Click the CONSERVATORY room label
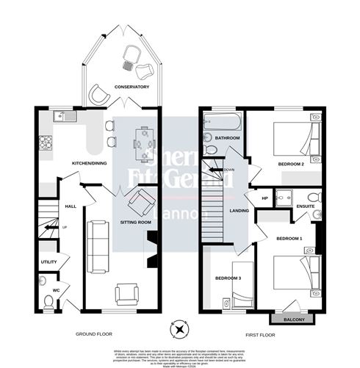click(132, 87)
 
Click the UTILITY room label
click(48, 261)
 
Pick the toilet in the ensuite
click(313, 197)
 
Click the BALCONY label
click(292, 320)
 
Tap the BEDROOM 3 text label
click(227, 278)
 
